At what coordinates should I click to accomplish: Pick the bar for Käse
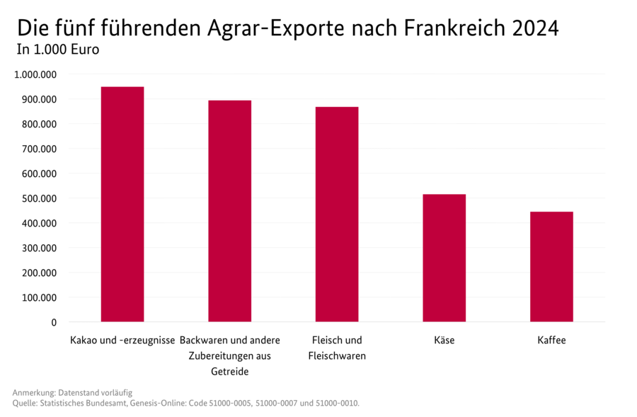(x=444, y=258)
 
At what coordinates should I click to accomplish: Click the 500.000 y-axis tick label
(x=39, y=198)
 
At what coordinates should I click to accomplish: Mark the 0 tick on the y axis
(x=54, y=322)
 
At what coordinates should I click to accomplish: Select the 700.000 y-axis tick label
(x=39, y=149)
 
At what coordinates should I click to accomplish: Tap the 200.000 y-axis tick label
(x=39, y=273)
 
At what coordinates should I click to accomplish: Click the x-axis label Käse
(x=444, y=341)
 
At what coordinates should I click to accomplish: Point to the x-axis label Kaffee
(x=551, y=341)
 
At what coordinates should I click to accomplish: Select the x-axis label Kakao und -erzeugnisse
(x=122, y=341)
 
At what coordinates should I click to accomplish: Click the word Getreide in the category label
(x=229, y=372)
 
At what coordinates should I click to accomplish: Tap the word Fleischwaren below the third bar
(x=337, y=356)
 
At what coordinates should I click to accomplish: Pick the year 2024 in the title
(x=535, y=28)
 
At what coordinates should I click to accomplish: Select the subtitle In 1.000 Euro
(x=58, y=50)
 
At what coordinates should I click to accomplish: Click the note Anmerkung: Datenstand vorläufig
(x=72, y=392)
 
